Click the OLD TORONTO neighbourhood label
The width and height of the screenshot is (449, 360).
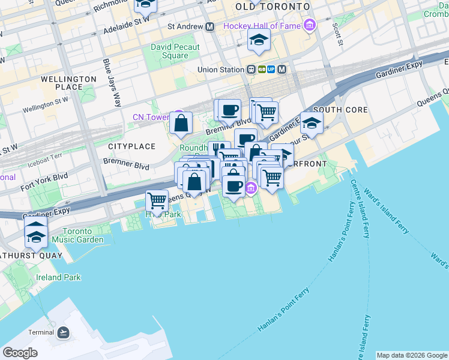pyautogui.click(x=273, y=6)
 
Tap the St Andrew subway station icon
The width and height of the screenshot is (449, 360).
pyautogui.click(x=210, y=26)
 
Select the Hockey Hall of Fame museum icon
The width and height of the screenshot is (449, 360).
pyautogui.click(x=309, y=25)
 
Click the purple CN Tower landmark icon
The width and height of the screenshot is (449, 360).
pyautogui.click(x=177, y=116)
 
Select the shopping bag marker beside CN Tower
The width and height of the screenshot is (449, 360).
pyautogui.click(x=181, y=124)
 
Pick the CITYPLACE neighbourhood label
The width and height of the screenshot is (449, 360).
pyautogui.click(x=131, y=146)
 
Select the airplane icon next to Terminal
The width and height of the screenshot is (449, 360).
pyautogui.click(x=64, y=332)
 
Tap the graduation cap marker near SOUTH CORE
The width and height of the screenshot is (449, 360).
pyautogui.click(x=312, y=123)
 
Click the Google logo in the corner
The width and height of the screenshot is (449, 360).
pyautogui.click(x=20, y=353)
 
